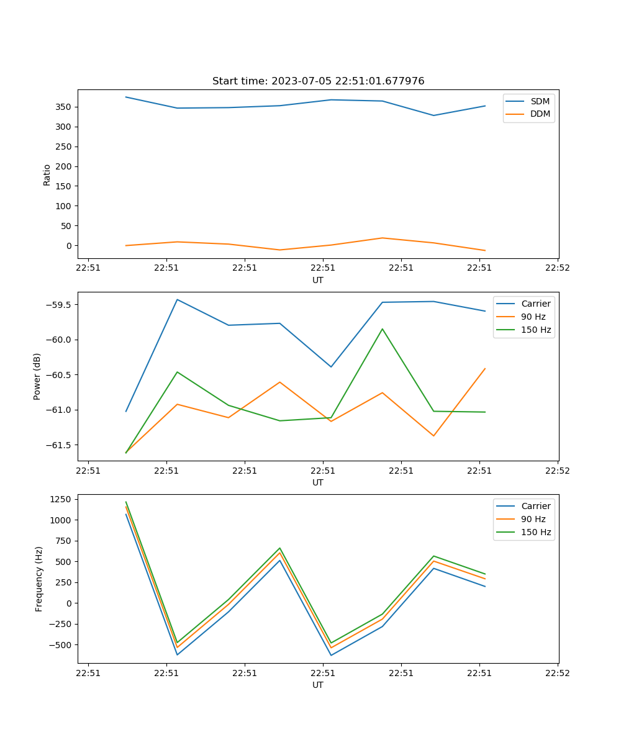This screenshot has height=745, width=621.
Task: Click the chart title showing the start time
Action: point(318,81)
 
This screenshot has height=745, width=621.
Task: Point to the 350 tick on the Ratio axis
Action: point(64,107)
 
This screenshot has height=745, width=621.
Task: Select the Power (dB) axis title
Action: point(37,376)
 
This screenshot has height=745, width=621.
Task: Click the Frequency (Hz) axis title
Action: point(39,579)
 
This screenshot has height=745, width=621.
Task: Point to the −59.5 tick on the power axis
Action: point(58,305)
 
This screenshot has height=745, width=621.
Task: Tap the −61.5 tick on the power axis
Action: point(58,445)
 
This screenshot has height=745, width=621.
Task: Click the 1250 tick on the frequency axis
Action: point(62,499)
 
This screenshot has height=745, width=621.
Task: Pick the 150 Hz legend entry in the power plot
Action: point(535,330)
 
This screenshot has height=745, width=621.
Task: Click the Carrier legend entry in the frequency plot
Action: point(535,506)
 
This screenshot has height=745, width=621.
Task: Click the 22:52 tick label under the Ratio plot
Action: point(557,268)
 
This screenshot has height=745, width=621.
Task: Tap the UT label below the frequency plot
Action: point(318,685)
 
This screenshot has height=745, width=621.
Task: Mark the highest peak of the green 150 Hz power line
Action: point(383,329)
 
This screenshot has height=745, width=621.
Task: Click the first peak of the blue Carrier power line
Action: point(178,299)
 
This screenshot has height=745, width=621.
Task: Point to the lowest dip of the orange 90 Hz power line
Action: point(433,436)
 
